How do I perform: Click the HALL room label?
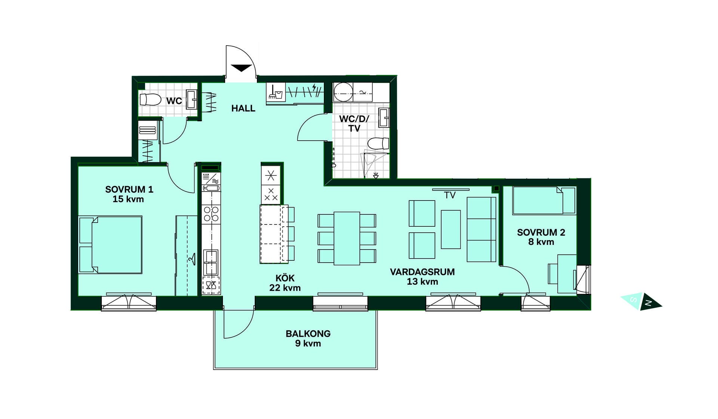(x=243, y=108)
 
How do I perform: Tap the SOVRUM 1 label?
(x=129, y=189)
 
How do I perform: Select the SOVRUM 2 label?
(x=541, y=232)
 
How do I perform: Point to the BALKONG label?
(x=308, y=334)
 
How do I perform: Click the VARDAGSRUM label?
(x=422, y=272)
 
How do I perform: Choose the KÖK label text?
(x=285, y=278)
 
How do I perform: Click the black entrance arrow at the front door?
(x=241, y=68)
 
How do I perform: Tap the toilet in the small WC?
(x=150, y=100)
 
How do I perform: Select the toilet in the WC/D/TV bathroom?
(x=378, y=143)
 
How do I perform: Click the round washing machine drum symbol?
(x=343, y=92)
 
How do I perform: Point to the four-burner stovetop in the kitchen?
(x=211, y=214)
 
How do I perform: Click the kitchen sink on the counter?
(x=211, y=262)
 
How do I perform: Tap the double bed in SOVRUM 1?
(x=110, y=245)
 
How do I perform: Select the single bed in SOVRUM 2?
(x=544, y=201)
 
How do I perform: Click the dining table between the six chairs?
(x=347, y=238)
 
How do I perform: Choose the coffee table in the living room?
(x=451, y=229)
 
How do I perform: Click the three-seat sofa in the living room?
(x=481, y=229)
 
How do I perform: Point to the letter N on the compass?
(x=649, y=303)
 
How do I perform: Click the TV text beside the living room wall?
(x=450, y=195)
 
